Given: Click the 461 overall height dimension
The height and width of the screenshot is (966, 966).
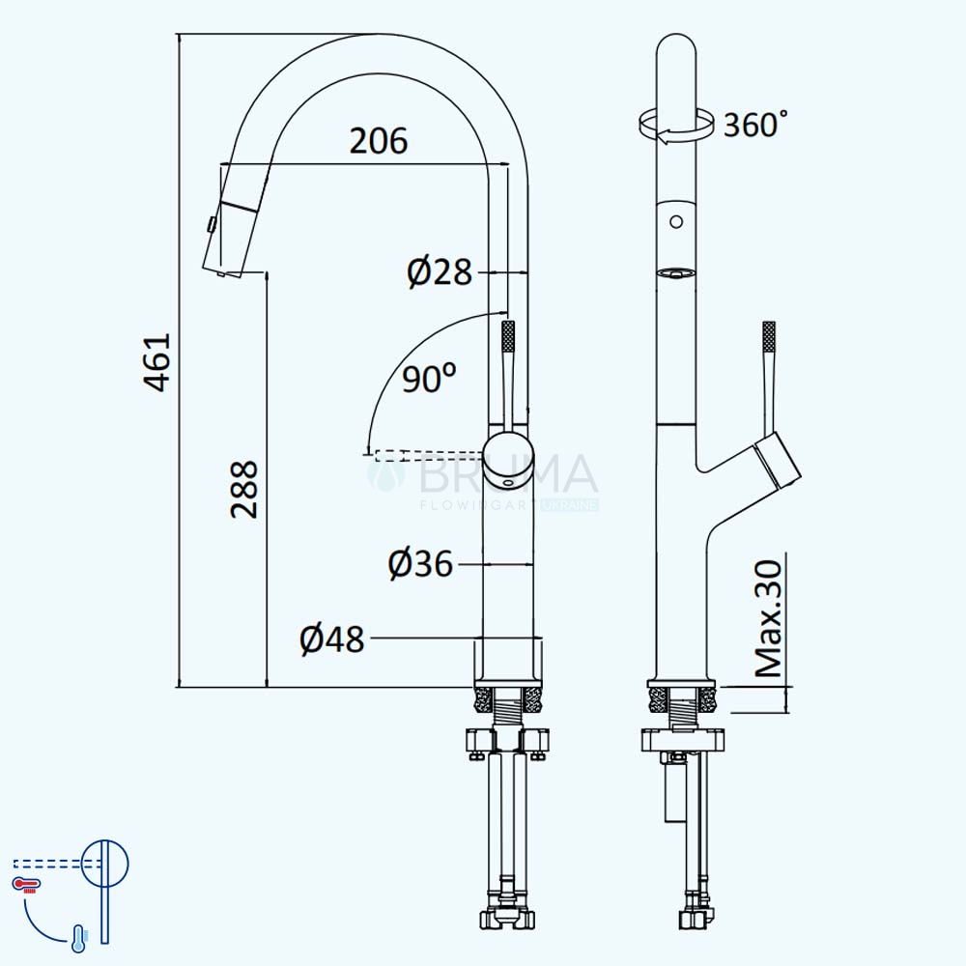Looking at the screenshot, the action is click(x=157, y=362).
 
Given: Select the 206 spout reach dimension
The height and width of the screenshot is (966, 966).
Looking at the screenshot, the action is click(x=379, y=141).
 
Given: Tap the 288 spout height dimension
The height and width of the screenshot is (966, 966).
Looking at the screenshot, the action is click(x=244, y=489).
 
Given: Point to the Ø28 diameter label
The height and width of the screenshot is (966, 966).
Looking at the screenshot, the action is click(x=440, y=271).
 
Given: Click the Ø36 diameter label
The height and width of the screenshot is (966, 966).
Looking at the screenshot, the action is click(x=421, y=564).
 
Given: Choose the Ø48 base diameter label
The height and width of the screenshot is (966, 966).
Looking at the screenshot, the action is click(x=332, y=639).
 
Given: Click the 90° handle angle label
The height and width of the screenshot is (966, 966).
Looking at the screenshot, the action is click(x=430, y=378).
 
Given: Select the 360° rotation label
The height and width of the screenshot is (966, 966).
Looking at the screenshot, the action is click(x=755, y=125).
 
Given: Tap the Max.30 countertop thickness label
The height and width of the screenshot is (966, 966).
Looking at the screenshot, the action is click(x=768, y=618).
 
